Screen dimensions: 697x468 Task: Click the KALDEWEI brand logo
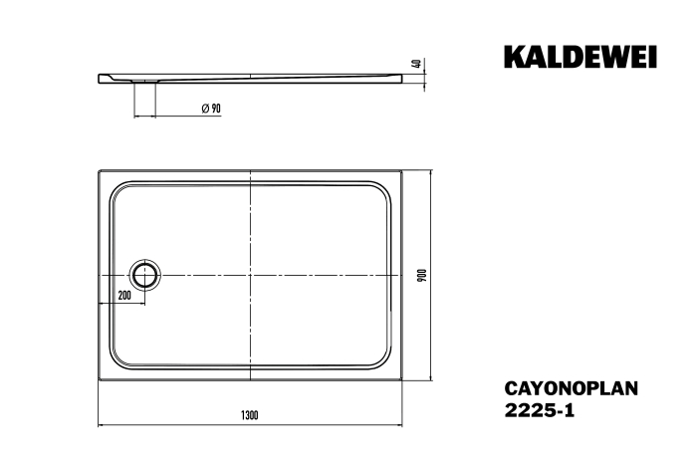(581, 57)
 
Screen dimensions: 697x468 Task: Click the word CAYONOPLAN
(572, 388)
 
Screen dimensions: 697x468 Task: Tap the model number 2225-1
(540, 410)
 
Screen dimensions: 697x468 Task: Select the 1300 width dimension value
(249, 415)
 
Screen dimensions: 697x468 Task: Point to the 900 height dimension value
(423, 275)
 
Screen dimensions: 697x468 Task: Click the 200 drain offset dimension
(124, 295)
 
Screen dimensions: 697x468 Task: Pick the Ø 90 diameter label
(211, 108)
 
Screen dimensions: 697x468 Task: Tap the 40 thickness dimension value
(417, 63)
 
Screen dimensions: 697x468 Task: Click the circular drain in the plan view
(144, 275)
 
